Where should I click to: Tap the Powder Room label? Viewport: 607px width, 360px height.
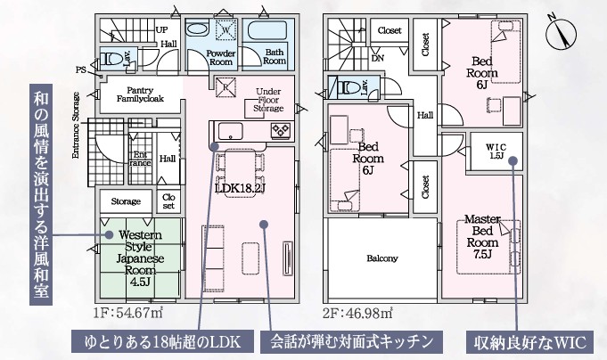click(220, 58)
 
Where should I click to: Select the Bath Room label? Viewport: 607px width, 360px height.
click(275, 57)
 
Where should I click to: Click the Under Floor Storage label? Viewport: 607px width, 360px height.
click(268, 100)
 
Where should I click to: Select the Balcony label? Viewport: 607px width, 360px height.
click(381, 258)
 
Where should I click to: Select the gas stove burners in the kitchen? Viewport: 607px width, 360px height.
click(283, 131)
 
